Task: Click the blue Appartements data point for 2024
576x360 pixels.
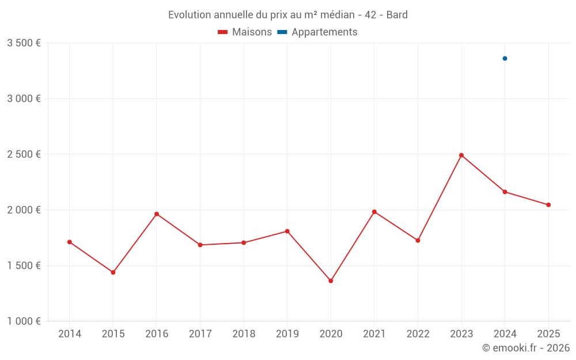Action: click(505, 58)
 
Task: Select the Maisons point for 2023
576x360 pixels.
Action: click(461, 155)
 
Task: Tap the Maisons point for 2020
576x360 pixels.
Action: click(331, 281)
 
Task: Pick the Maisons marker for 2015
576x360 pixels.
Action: click(113, 272)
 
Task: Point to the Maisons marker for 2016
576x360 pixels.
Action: click(157, 214)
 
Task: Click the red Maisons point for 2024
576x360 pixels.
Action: click(505, 192)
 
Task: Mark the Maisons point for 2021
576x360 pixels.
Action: click(374, 212)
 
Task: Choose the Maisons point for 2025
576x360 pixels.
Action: click(548, 205)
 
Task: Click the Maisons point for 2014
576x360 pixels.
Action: click(70, 242)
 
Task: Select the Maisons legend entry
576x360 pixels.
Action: click(245, 32)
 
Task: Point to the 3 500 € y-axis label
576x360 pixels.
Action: click(24, 43)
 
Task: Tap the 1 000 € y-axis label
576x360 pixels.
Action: click(24, 321)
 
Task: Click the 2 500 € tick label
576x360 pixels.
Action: click(24, 154)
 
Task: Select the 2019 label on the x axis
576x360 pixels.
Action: click(287, 334)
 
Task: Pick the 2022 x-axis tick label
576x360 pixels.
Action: click(418, 334)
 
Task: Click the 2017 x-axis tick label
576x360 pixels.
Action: click(200, 334)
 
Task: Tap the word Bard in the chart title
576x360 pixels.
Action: click(397, 15)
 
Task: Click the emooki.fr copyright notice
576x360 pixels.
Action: click(525, 348)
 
